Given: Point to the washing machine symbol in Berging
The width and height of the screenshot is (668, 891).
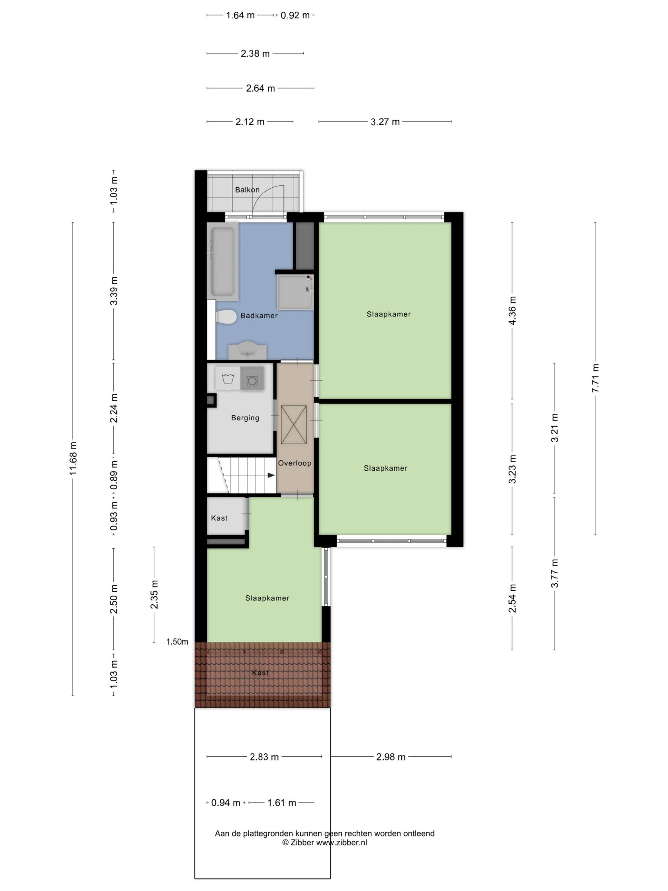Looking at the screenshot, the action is [x=228, y=379].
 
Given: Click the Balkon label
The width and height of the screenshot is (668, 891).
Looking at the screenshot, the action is [x=247, y=190].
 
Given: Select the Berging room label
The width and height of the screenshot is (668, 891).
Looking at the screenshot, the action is [x=245, y=418].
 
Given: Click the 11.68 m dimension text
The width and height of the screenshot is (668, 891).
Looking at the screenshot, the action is [x=73, y=458].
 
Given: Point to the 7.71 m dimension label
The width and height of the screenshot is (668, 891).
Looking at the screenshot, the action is [x=596, y=378].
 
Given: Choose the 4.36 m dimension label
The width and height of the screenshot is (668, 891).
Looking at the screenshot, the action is [x=512, y=311].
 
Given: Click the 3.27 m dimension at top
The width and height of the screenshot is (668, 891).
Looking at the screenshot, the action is [x=385, y=122].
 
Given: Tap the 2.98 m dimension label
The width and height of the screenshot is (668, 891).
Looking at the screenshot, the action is [x=390, y=757].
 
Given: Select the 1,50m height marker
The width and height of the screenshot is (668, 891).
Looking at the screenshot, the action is [x=177, y=642].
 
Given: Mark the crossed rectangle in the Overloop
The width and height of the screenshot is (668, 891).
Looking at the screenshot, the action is [x=294, y=424].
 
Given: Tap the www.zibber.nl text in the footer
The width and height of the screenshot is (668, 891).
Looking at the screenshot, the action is [x=341, y=842].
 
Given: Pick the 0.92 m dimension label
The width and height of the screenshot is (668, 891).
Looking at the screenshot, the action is [x=295, y=15].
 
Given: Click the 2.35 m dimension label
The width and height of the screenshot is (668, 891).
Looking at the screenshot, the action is [x=154, y=595].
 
